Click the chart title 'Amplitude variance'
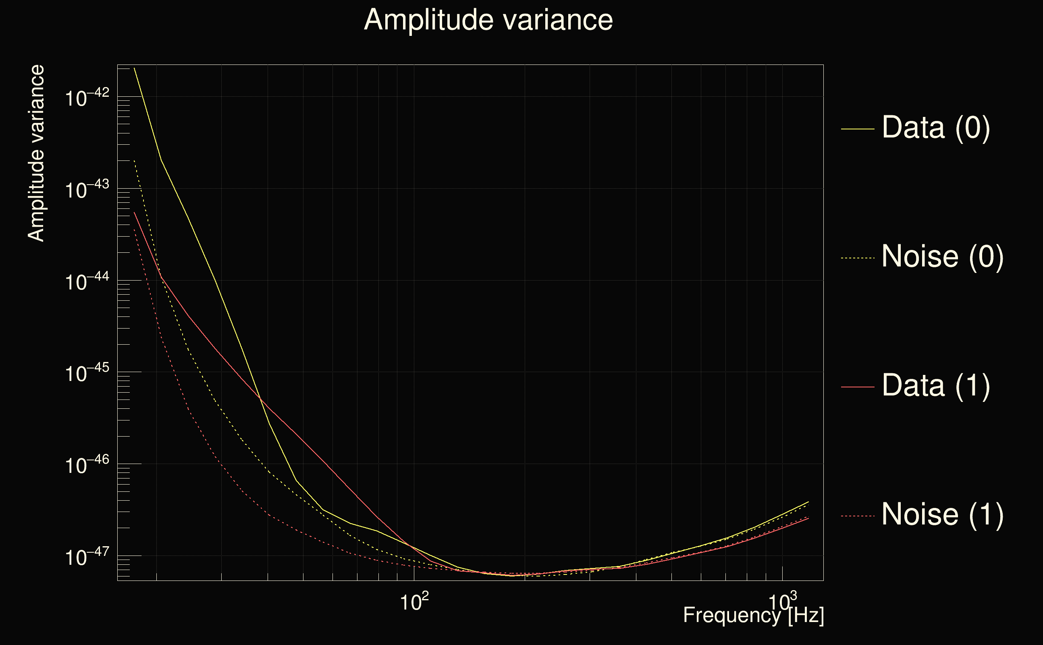pyautogui.click(x=488, y=20)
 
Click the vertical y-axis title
pyautogui.click(x=36, y=154)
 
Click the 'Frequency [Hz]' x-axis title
pyautogui.click(x=753, y=616)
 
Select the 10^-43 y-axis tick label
pyautogui.click(x=87, y=190)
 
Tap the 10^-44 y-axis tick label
pyautogui.click(x=87, y=282)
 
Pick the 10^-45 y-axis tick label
pyautogui.click(x=87, y=374)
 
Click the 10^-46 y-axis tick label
pyautogui.click(x=87, y=465)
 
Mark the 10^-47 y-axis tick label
pyautogui.click(x=87, y=557)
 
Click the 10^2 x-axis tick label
pyautogui.click(x=414, y=602)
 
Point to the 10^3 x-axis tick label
pyautogui.click(x=782, y=602)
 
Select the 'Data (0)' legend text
pyautogui.click(x=935, y=127)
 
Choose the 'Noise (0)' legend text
pyautogui.click(x=942, y=257)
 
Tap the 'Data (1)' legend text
pyautogui.click(x=935, y=386)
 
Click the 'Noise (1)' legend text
pyautogui.click(x=942, y=514)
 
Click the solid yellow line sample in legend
pyautogui.click(x=858, y=129)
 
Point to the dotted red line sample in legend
pyautogui.click(x=858, y=516)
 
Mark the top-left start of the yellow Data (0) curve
pyautogui.click(x=134, y=68)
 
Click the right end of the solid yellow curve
pyautogui.click(x=808, y=501)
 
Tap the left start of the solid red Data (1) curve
pyautogui.click(x=134, y=212)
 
